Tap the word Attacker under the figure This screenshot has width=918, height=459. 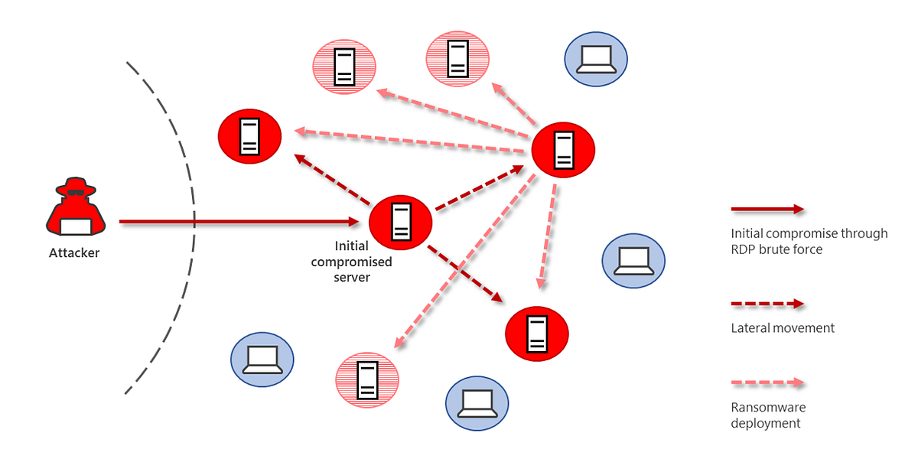point(74,252)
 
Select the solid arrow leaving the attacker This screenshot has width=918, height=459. point(237,222)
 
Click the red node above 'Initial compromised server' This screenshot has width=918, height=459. point(400,222)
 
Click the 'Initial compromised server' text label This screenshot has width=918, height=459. point(363,262)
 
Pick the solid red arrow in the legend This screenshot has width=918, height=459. point(767,209)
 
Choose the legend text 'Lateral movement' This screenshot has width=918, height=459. point(782,328)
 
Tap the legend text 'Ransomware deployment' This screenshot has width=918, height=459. point(767,415)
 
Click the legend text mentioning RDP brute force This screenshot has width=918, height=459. point(809,241)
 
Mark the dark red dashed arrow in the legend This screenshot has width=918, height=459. point(767,304)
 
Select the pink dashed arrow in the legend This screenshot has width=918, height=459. point(767,382)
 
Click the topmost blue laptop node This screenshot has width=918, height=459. point(595,59)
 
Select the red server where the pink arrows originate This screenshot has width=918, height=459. point(563,149)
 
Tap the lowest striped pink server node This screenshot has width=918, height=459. point(368,379)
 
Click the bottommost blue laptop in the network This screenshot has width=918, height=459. point(477,403)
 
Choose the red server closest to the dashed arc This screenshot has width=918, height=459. point(249,136)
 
